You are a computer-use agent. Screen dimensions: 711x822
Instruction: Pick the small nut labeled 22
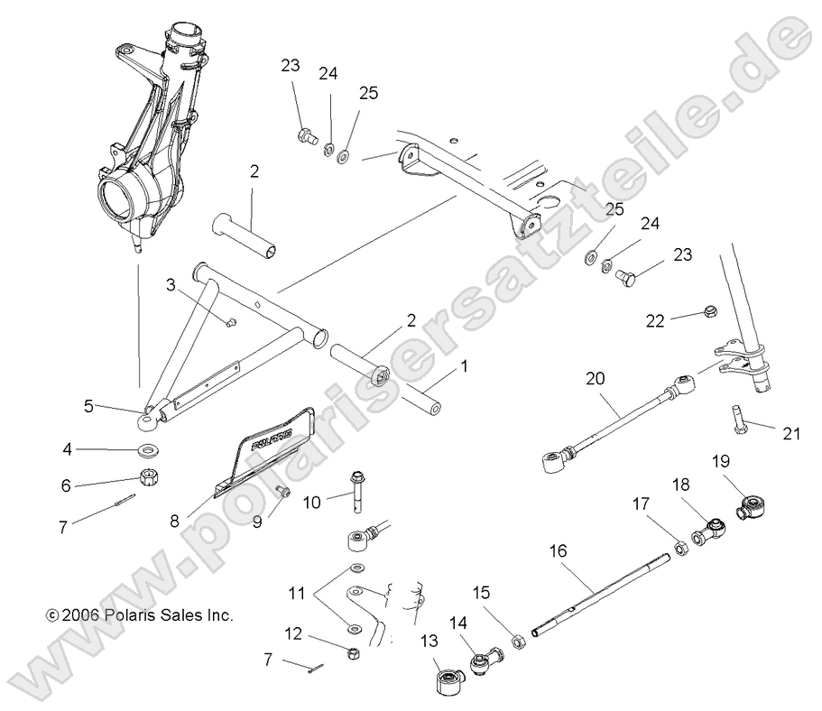click(x=707, y=314)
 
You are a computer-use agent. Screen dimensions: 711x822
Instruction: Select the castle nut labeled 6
click(x=145, y=477)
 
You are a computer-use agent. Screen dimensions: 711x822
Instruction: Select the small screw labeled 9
click(x=282, y=491)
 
